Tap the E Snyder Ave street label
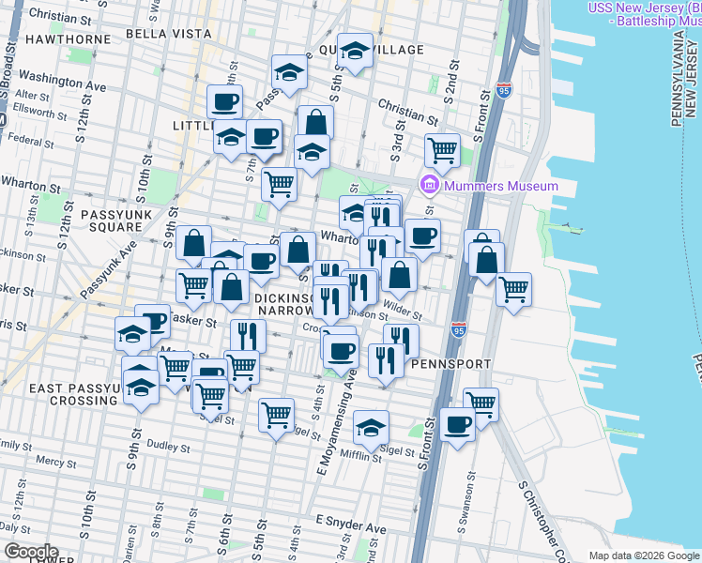click(x=351, y=520)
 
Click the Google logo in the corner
click(x=32, y=552)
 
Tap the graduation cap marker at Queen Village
click(x=355, y=53)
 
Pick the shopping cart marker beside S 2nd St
click(x=442, y=149)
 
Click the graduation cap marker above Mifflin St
click(x=372, y=427)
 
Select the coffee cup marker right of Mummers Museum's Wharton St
click(x=422, y=236)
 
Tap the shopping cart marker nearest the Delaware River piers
click(x=513, y=288)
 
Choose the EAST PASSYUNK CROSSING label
click(x=58, y=394)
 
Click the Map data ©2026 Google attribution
click(x=643, y=555)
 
